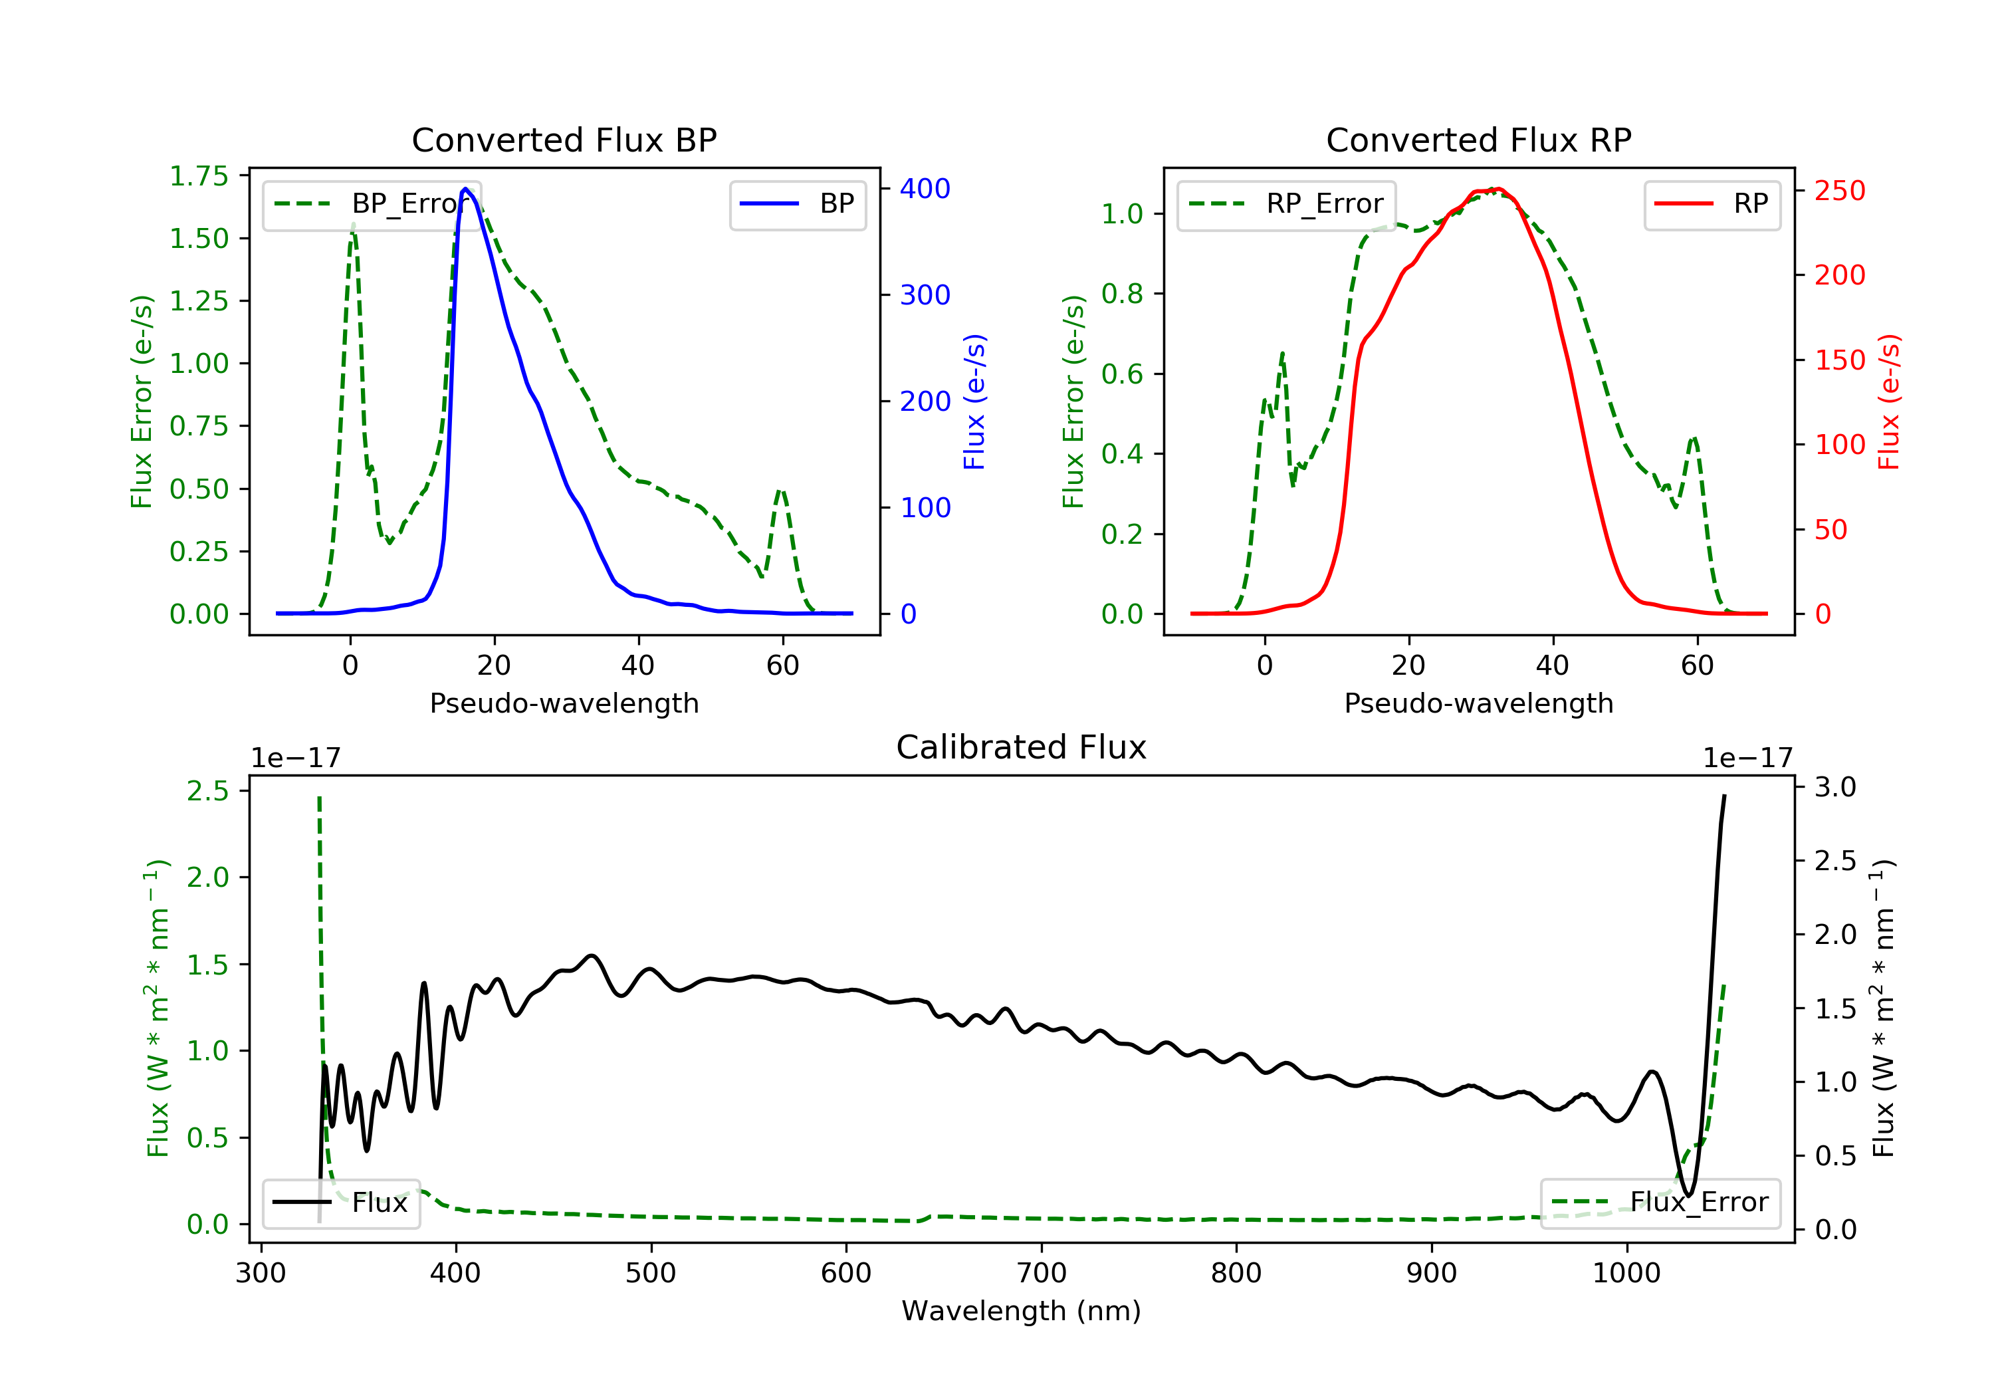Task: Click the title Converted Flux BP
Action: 564,140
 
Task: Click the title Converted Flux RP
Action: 1478,140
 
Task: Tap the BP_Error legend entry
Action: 372,204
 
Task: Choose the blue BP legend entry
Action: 797,204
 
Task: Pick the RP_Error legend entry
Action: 1286,204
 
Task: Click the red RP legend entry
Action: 1712,204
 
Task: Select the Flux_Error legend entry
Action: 1660,1203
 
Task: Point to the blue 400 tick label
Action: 925,189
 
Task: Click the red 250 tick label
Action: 1839,190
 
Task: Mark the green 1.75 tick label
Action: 198,176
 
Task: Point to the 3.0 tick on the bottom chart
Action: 1835,787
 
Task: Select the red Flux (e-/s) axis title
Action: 1889,402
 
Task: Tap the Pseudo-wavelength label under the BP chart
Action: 564,703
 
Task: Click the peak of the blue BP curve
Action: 465,189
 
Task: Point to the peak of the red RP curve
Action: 1498,189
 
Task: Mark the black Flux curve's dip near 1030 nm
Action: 1688,1195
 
